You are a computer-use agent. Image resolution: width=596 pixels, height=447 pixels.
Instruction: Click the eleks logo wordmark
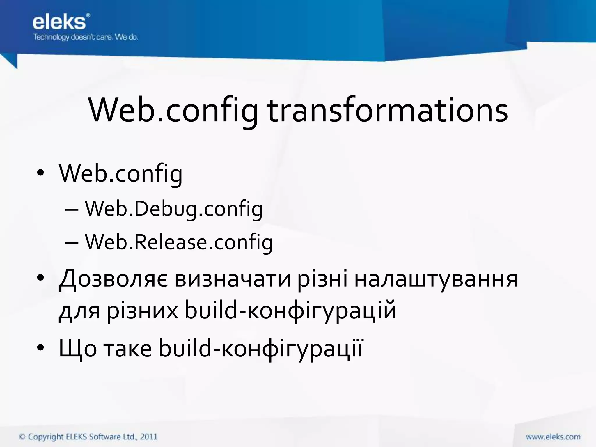[60, 22]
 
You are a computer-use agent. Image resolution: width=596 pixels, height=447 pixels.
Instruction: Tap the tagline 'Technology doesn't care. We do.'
[86, 37]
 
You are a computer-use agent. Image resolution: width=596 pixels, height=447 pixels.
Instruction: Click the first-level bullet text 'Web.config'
[120, 174]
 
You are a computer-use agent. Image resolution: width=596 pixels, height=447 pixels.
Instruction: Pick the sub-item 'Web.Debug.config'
[173, 209]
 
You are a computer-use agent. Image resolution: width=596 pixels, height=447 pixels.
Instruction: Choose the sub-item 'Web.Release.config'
[179, 242]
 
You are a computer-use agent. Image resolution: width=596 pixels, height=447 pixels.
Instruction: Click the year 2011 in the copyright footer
[149, 437]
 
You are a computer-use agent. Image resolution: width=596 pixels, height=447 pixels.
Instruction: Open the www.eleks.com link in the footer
[553, 437]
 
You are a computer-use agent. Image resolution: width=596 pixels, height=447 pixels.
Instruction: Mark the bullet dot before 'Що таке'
[40, 347]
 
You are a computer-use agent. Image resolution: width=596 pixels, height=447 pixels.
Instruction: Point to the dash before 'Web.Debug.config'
[72, 210]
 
